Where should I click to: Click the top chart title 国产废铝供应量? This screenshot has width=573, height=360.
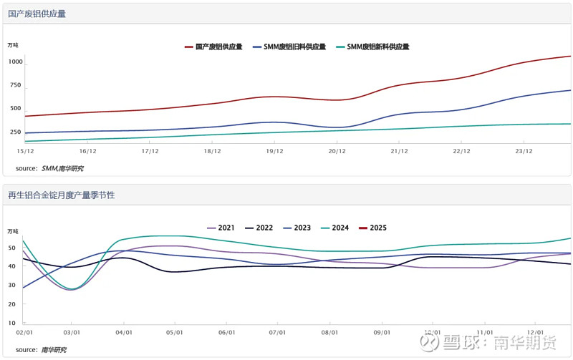[x=37, y=14]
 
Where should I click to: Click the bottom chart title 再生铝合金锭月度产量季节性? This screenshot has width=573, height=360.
[x=61, y=195]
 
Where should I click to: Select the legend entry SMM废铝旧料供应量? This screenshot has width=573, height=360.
[x=289, y=47]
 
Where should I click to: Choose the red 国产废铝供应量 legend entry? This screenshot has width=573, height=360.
[x=213, y=47]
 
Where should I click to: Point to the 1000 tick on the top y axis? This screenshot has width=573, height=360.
[x=16, y=62]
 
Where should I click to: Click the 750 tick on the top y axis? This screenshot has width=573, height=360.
[x=16, y=85]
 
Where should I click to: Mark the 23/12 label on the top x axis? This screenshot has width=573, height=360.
[x=524, y=151]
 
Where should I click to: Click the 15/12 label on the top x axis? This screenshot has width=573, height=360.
[x=25, y=151]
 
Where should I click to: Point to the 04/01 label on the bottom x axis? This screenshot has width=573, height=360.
[x=125, y=332]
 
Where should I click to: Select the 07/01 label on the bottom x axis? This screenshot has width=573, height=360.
[x=279, y=332]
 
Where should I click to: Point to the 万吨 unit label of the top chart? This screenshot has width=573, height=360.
[x=13, y=45]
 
